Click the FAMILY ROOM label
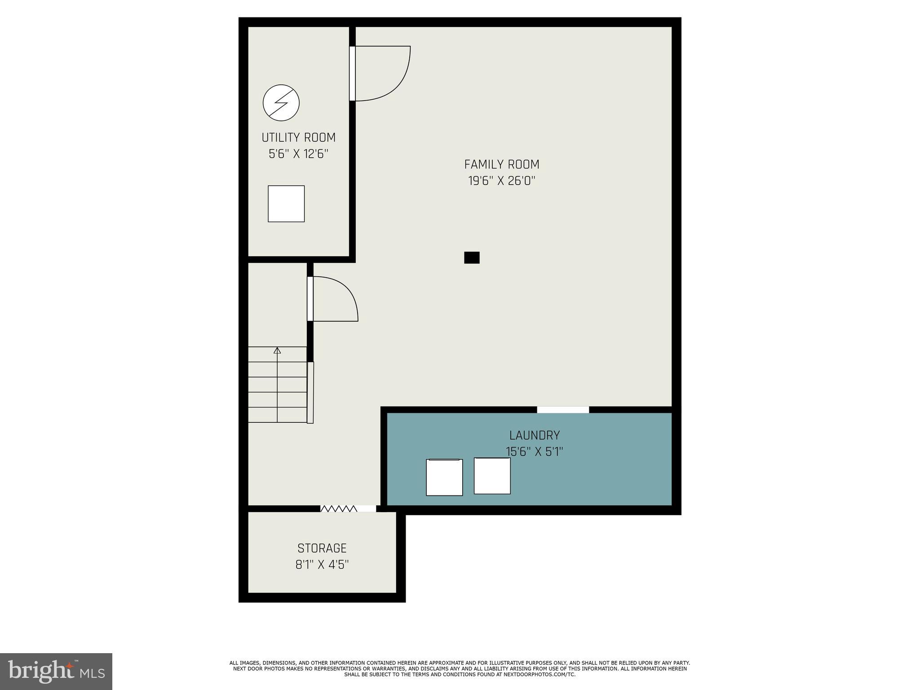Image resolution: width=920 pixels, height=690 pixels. tap(501, 164)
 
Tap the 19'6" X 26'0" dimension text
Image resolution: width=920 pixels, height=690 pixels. tap(501, 181)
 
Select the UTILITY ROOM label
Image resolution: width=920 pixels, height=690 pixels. tap(298, 137)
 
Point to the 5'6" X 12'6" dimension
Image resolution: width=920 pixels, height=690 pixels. tap(298, 154)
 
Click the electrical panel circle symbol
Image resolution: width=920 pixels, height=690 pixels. tap(281, 102)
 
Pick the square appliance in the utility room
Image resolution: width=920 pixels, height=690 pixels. tap(286, 203)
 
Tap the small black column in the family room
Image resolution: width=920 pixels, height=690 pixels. tap(472, 257)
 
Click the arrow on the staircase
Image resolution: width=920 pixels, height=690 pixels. tap(277, 350)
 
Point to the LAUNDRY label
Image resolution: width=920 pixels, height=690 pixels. tap(534, 435)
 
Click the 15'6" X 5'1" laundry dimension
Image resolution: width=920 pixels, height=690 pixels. tap(534, 451)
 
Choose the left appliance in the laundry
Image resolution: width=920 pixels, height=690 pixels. tap(444, 477)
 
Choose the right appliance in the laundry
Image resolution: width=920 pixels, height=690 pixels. tap(492, 476)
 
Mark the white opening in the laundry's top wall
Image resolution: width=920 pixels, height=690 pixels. tap(563, 410)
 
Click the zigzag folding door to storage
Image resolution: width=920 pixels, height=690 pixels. tap(339, 509)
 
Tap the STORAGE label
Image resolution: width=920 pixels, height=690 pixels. tap(322, 548)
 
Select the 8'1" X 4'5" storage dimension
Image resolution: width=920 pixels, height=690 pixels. tap(322, 565)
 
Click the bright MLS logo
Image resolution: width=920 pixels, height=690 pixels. tap(56, 671)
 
